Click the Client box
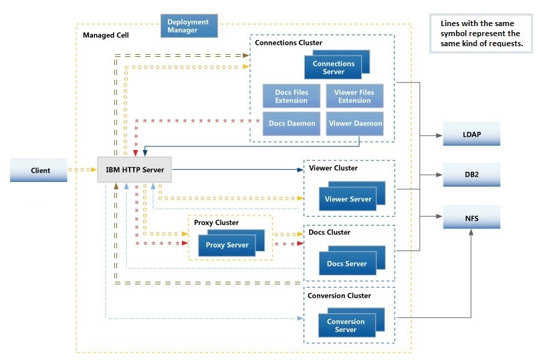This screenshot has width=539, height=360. tap(40, 170)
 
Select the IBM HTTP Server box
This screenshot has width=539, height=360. tap(134, 169)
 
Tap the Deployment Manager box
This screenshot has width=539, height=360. tap(188, 26)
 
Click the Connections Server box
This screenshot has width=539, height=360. tap(334, 68)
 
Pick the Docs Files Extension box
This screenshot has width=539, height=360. tap(291, 96)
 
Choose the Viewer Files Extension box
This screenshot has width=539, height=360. tap(354, 96)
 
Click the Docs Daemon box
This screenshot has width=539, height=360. tap(291, 123)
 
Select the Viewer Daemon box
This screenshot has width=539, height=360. tap(354, 123)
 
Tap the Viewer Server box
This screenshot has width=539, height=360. tap(347, 199)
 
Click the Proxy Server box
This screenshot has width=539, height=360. tap(227, 245)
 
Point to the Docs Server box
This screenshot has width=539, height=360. tap(346, 264)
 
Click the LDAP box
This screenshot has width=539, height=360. tap(471, 134)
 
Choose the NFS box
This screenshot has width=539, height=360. tap(471, 217)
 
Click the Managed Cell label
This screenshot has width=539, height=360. tap(106, 35)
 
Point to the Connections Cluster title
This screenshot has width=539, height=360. tap(288, 43)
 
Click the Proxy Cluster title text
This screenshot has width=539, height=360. tap(216, 223)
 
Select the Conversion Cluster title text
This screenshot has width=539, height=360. tap(339, 295)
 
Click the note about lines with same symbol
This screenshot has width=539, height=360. tap(480, 33)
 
